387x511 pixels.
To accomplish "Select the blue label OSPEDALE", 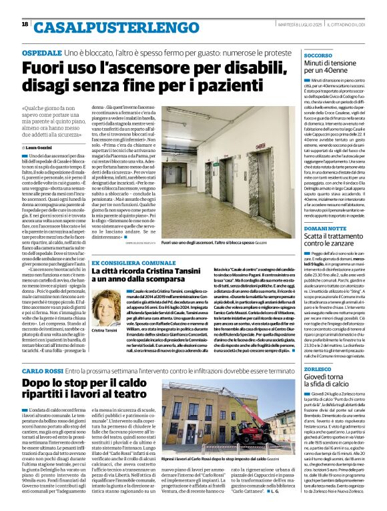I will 42,52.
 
